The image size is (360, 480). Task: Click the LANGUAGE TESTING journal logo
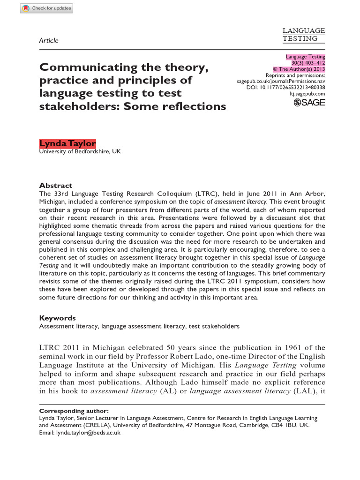click(303, 35)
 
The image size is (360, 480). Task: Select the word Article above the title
click(49, 41)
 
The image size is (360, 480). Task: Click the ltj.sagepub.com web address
click(308, 94)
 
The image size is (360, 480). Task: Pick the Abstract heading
click(55, 185)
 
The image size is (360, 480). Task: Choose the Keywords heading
click(57, 318)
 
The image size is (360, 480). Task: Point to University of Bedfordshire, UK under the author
click(79, 151)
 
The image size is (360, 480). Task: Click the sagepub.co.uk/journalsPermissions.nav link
click(281, 81)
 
